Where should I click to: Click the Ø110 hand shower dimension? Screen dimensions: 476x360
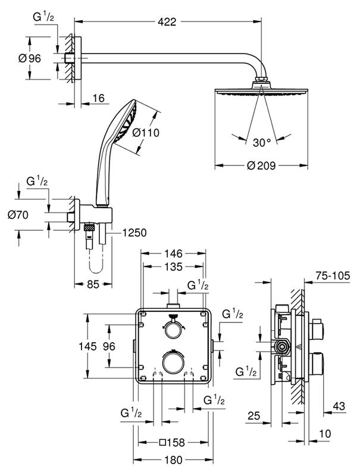point(145,133)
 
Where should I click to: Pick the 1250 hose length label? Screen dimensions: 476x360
point(134,233)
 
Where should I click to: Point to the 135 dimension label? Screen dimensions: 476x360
point(173,267)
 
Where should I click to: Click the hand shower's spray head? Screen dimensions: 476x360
point(126,123)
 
